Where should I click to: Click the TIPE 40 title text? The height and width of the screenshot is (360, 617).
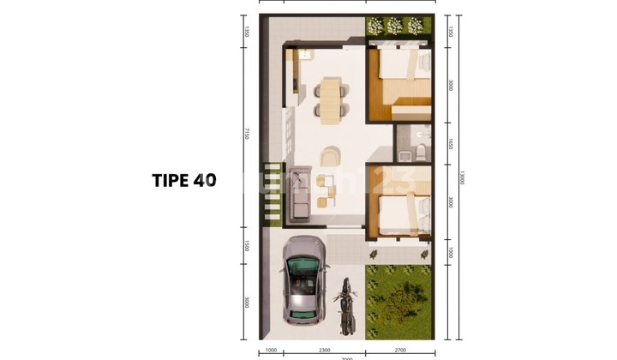pos(184,181)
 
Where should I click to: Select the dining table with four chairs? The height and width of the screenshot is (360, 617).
pos(331,97)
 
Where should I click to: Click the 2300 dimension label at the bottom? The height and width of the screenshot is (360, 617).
pos(323,351)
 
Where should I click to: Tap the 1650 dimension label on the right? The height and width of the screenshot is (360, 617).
pos(450,145)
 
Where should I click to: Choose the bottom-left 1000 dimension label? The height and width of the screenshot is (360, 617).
pos(271,351)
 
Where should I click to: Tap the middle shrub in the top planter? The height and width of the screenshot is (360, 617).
pos(395,26)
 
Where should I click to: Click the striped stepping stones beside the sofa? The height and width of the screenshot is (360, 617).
pos(271,193)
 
